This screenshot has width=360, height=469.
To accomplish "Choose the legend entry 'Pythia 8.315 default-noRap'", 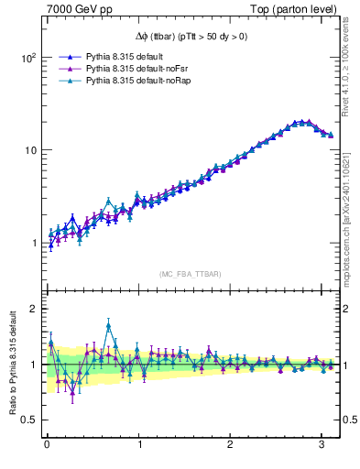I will [x=136, y=81].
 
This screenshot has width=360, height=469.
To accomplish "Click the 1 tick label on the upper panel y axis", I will [x=33, y=243].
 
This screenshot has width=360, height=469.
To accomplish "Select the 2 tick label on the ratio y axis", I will [x=33, y=309].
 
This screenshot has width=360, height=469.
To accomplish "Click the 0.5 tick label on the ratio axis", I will [x=28, y=420].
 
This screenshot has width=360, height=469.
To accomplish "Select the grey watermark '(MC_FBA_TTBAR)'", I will [x=190, y=274].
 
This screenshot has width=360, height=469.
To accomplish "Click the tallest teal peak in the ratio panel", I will [x=109, y=324].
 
